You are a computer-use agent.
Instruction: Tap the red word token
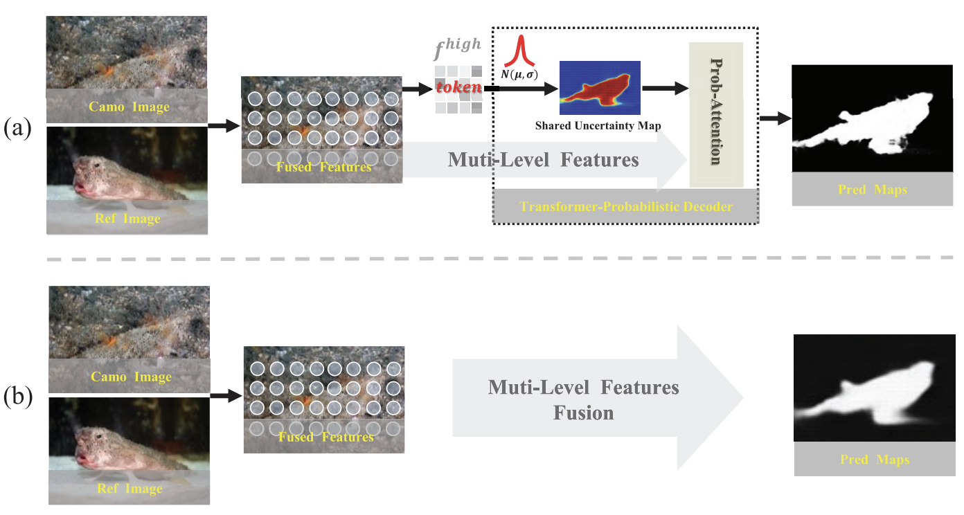[458, 89]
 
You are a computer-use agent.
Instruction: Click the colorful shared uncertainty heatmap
[600, 87]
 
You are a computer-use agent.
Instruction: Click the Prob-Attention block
[715, 114]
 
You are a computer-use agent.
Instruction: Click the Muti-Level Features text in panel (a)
[543, 161]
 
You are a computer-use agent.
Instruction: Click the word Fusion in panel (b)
[583, 414]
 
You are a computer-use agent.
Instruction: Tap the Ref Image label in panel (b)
[128, 489]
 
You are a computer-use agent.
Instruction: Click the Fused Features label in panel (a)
[323, 167]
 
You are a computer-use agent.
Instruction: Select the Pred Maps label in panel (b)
[874, 460]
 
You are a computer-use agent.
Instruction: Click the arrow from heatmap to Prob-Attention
[666, 88]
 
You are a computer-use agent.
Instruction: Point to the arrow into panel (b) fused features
[226, 396]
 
